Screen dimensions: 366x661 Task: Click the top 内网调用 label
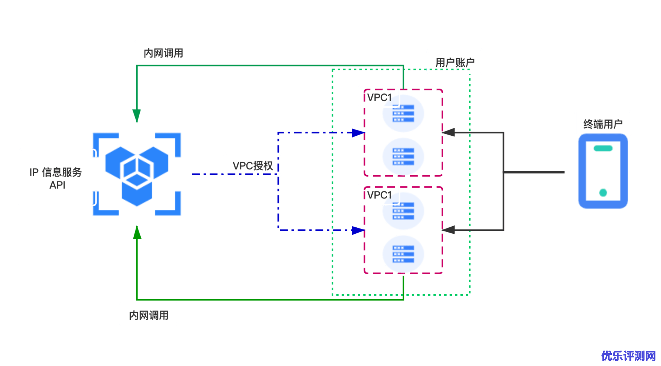point(163,52)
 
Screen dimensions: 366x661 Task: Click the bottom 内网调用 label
point(149,314)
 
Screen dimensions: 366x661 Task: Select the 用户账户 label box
point(455,62)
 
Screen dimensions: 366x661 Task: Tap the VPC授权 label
point(253,165)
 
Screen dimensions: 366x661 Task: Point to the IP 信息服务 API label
point(57,178)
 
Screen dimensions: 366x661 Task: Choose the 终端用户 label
point(603,123)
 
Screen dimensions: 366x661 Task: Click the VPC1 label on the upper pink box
point(379,97)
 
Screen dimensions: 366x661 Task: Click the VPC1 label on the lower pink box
point(379,194)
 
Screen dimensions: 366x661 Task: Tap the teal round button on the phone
point(603,193)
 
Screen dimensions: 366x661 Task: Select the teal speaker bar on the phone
point(603,148)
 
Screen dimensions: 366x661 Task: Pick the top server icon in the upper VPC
point(403,113)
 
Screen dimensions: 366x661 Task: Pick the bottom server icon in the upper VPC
point(403,156)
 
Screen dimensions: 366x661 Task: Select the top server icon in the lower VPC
point(403,211)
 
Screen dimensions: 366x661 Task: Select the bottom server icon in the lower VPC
point(403,254)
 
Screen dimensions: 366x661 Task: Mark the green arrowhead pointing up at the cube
point(137,233)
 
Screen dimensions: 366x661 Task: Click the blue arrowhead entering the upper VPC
point(358,133)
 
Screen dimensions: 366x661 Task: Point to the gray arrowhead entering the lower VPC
point(448,230)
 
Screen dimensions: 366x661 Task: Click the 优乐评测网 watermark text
point(628,355)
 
